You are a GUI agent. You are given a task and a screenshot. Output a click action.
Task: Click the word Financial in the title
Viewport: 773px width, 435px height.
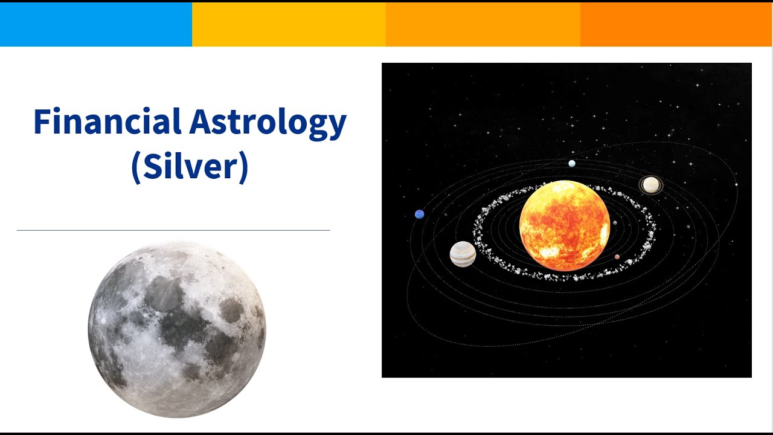click(107, 121)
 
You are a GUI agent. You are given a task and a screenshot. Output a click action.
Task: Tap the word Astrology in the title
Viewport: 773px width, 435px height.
click(268, 123)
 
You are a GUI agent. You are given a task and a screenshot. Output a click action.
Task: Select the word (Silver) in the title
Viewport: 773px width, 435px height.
click(190, 167)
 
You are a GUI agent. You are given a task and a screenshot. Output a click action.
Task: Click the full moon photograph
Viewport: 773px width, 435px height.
click(177, 330)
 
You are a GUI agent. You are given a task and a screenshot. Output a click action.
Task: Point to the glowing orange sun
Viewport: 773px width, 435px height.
click(565, 225)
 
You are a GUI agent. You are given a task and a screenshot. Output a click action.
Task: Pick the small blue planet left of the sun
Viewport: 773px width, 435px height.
click(419, 214)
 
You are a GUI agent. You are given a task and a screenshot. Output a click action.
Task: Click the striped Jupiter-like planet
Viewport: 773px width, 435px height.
click(463, 254)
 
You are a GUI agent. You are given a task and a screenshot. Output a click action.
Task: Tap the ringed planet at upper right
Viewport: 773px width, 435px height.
click(651, 185)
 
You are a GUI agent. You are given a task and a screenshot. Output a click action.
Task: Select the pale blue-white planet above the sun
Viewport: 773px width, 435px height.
click(572, 163)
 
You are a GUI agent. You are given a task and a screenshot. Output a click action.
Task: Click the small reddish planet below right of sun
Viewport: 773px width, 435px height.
click(617, 257)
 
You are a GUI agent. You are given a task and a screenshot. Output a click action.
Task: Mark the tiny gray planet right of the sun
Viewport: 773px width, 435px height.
click(615, 223)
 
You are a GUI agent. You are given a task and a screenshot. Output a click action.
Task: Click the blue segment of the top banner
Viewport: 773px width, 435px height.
click(96, 24)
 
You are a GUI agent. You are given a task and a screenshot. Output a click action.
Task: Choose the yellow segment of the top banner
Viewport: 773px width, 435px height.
click(289, 24)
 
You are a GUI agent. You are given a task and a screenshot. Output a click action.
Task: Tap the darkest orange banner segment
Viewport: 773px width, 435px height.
click(676, 24)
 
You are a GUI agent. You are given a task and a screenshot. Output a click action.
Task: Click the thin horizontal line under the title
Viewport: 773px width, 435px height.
click(173, 230)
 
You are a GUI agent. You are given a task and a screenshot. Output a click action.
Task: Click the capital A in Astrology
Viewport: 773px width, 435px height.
click(200, 121)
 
